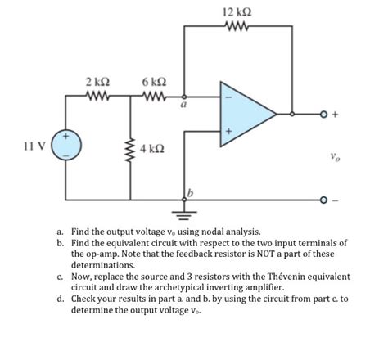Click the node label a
tap(185, 105)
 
